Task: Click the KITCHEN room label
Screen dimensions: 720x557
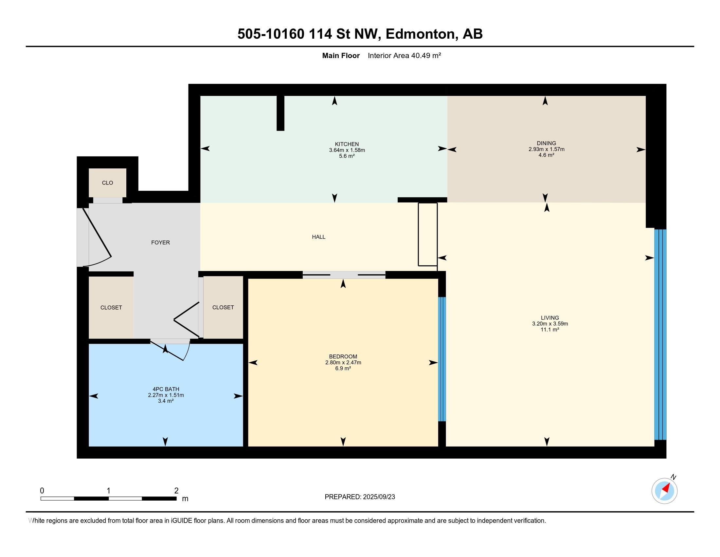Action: (347, 144)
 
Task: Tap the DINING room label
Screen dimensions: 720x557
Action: (546, 143)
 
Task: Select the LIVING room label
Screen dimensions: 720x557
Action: (549, 318)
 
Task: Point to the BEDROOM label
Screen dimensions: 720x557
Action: (343, 356)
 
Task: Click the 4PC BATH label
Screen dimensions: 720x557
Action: (166, 389)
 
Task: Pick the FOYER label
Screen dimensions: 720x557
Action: (161, 242)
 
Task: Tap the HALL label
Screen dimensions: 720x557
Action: (318, 237)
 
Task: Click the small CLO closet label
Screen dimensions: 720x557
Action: (107, 183)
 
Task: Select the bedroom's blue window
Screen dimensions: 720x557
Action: (442, 359)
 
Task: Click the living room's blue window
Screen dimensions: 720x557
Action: (660, 335)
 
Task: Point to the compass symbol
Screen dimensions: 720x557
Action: (664, 491)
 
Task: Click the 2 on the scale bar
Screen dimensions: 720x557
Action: (176, 491)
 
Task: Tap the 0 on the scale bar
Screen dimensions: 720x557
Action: (42, 491)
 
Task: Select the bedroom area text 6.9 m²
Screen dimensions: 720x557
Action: (343, 368)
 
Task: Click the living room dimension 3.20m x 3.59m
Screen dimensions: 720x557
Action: (550, 324)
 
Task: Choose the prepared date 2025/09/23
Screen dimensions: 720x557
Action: (378, 497)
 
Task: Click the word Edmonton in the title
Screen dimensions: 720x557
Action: (421, 34)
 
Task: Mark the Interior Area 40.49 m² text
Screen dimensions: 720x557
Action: (405, 55)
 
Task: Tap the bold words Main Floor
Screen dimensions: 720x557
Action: (341, 55)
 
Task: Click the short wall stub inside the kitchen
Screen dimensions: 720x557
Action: (280, 113)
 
